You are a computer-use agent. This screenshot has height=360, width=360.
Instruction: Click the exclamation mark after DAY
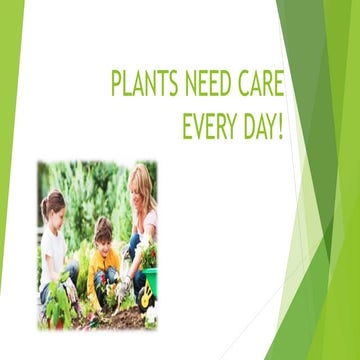point(280,127)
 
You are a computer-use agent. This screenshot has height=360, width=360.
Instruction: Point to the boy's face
point(102,237)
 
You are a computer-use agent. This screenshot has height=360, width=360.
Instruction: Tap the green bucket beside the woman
point(150,281)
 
